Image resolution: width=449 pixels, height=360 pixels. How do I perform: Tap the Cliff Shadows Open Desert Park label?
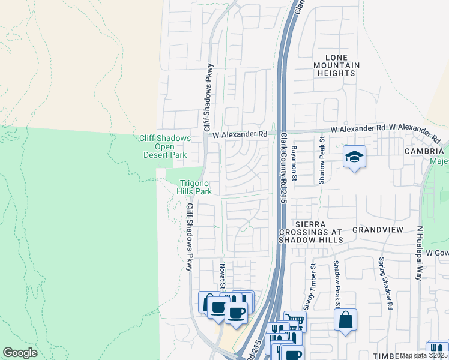click(165, 146)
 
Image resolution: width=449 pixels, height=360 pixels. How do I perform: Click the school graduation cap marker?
click(354, 157)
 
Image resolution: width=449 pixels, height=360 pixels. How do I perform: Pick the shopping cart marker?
click(294, 321)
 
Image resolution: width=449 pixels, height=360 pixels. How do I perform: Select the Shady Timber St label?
click(309, 287)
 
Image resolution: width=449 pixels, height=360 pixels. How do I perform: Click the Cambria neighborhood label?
click(424, 151)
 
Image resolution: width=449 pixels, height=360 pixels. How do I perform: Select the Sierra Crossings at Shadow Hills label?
click(311, 231)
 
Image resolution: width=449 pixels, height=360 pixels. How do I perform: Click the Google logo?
click(20, 352)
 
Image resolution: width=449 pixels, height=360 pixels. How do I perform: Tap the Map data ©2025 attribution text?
click(424, 356)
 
